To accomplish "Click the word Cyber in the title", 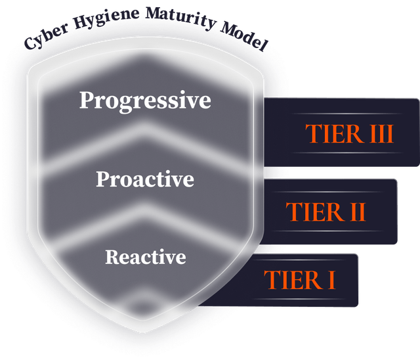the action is point(46,36).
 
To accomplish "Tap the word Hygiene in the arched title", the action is point(106,18).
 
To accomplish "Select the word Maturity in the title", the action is point(181,18).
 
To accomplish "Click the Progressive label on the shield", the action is point(145,101).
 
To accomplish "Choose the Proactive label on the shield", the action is point(145,179).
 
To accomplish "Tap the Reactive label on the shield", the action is point(146,257).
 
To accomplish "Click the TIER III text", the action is point(349,133).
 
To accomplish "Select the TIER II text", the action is point(325,212).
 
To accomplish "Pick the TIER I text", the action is point(299,280).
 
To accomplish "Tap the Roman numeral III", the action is point(382,133).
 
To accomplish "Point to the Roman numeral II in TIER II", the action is point(358,212).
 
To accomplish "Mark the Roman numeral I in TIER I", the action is point(332,280).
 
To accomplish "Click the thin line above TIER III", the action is point(347,114).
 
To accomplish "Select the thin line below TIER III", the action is point(347,153).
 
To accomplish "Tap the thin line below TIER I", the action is point(299,299).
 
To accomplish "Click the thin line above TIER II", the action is point(327,192).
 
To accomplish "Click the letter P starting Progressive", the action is point(87,100).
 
